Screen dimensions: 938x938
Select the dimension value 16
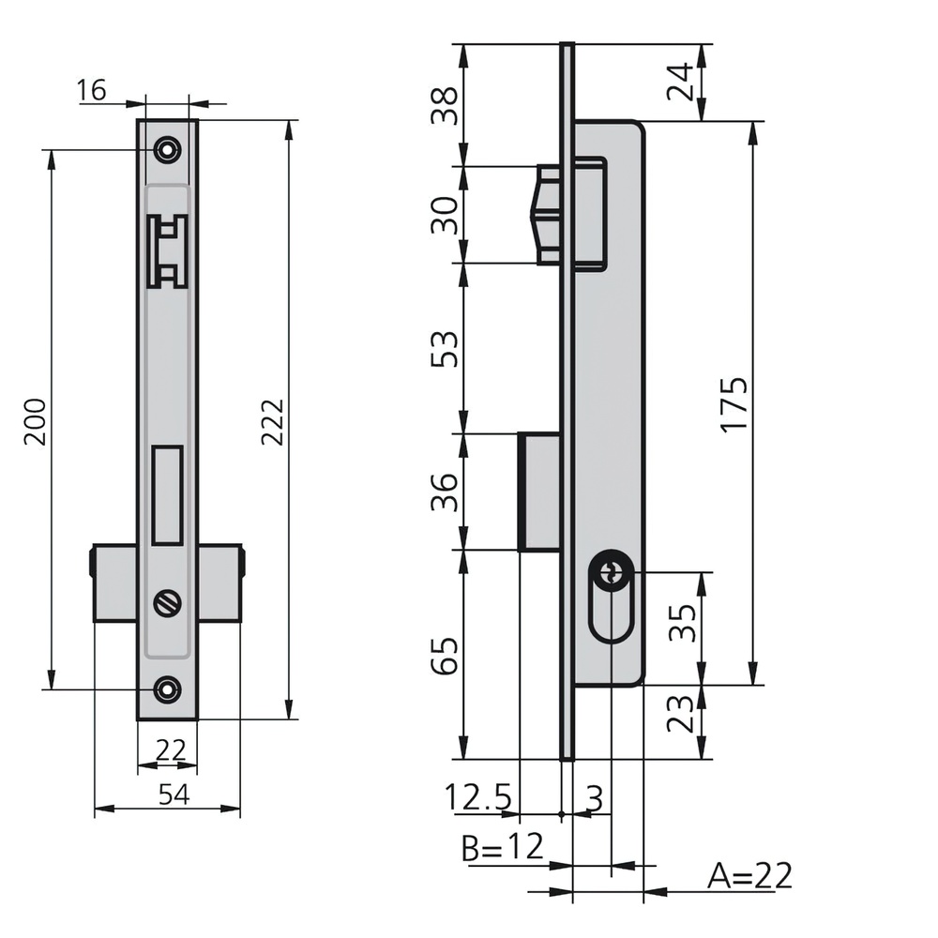point(92,90)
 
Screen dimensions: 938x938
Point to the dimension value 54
point(174,794)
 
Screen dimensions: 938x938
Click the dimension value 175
point(734,403)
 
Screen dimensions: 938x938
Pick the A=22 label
point(750,876)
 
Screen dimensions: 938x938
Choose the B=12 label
point(503,848)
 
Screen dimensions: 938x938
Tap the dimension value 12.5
point(478,798)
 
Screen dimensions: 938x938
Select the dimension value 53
point(448,349)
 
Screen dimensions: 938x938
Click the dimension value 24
point(682,83)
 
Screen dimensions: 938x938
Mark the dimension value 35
point(682,620)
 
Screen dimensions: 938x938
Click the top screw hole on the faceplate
point(168,149)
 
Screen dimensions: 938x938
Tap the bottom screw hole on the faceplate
point(168,688)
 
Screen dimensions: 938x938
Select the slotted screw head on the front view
point(168,604)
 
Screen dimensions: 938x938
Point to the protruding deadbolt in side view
point(539,491)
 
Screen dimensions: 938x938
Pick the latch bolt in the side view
point(546,215)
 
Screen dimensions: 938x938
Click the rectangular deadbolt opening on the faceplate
point(167,494)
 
